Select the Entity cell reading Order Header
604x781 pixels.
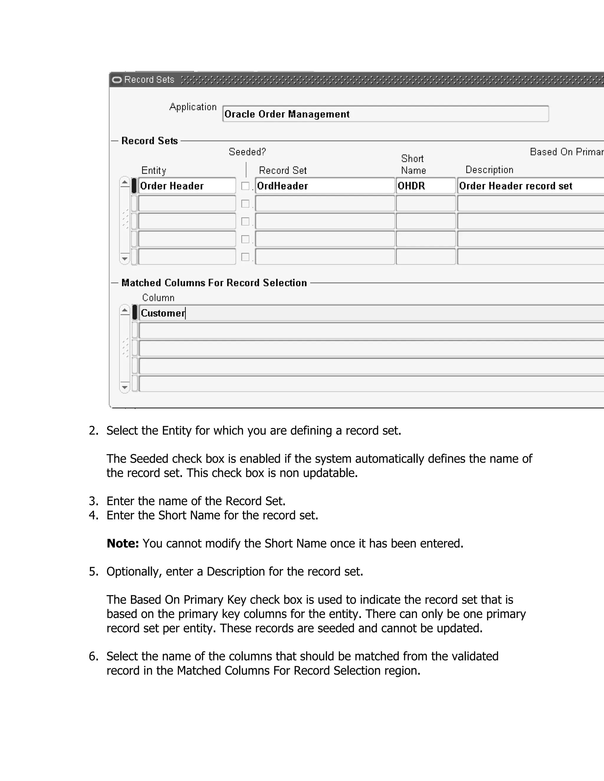[x=186, y=186]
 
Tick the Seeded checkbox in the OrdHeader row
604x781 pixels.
[x=245, y=186]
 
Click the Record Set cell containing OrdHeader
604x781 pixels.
[x=324, y=186]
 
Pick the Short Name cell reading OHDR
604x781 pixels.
[x=426, y=186]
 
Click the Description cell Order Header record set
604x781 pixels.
[x=530, y=186]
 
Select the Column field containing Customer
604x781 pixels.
[x=369, y=313]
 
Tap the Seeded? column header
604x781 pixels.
[x=247, y=152]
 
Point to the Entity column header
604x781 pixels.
[x=154, y=170]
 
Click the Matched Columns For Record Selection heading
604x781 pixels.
[x=214, y=283]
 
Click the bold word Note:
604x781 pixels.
[x=123, y=543]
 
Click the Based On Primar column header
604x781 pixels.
[x=566, y=152]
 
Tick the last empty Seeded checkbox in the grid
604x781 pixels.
[x=245, y=257]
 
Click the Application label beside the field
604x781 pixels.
[x=193, y=107]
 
